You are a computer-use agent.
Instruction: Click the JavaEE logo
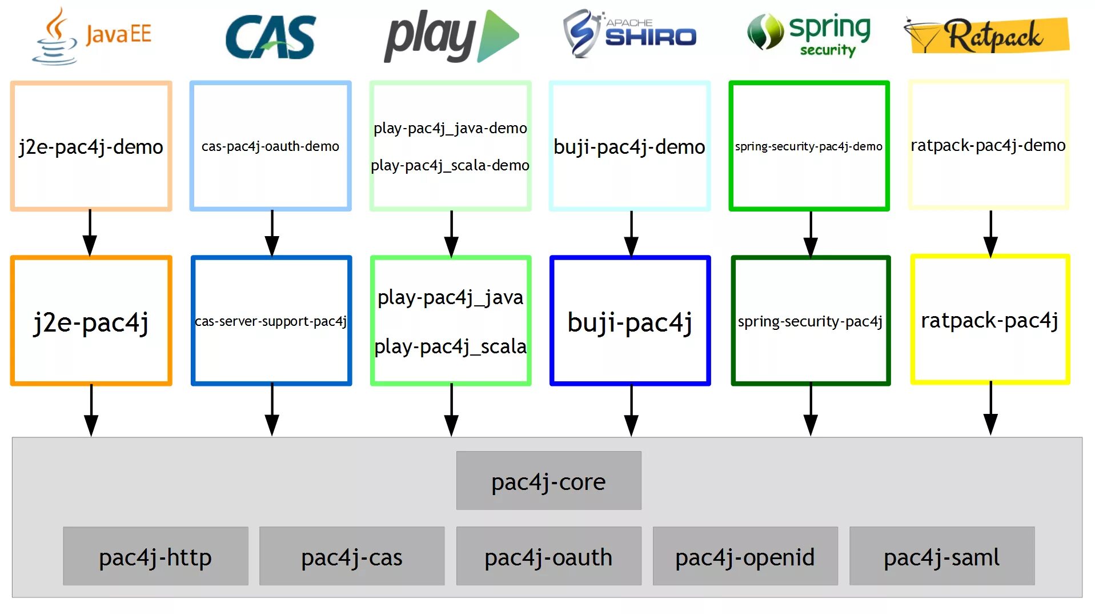[91, 35]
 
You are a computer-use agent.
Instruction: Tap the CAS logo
[271, 37]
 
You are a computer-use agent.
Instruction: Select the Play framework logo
[451, 35]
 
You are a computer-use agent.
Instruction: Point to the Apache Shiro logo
[629, 33]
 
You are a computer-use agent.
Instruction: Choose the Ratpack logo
[986, 35]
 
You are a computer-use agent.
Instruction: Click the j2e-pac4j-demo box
[91, 146]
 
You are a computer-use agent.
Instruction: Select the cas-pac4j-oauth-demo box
[270, 146]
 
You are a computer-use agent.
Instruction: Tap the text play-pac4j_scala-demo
[450, 165]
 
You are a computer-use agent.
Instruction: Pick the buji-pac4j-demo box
[629, 146]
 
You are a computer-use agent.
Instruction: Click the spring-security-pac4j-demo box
[809, 146]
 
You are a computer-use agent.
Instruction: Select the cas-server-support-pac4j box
[271, 321]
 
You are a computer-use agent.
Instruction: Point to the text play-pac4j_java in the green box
[450, 298]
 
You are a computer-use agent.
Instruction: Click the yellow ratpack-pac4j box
[990, 320]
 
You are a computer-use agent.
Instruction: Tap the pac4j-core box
[548, 480]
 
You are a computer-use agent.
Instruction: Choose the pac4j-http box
[155, 556]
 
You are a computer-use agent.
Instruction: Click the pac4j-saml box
[941, 556]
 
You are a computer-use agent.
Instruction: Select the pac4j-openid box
[745, 556]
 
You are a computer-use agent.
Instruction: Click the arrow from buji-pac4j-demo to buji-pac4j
[631, 234]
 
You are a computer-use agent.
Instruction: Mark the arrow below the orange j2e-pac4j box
[91, 410]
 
